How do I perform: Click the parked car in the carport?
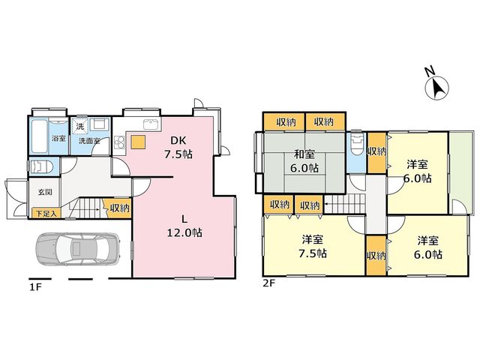click(x=77, y=248)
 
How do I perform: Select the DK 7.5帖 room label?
click(x=178, y=147)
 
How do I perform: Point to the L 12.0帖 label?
click(x=184, y=226)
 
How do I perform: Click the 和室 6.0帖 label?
click(x=304, y=160)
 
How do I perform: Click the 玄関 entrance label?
click(x=45, y=192)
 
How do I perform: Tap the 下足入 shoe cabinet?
click(x=46, y=213)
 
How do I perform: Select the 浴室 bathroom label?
click(x=58, y=138)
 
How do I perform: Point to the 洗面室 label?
click(x=89, y=141)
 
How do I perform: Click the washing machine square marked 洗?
click(x=80, y=127)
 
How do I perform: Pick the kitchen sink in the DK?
click(x=151, y=124)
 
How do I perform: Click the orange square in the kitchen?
click(x=138, y=142)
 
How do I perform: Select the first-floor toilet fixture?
click(x=41, y=166)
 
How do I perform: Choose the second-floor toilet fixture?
click(x=357, y=142)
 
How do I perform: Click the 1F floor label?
click(x=35, y=287)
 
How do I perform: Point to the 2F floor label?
click(x=269, y=283)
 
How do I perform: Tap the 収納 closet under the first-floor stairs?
click(x=118, y=208)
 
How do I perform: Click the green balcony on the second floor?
click(x=459, y=172)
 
